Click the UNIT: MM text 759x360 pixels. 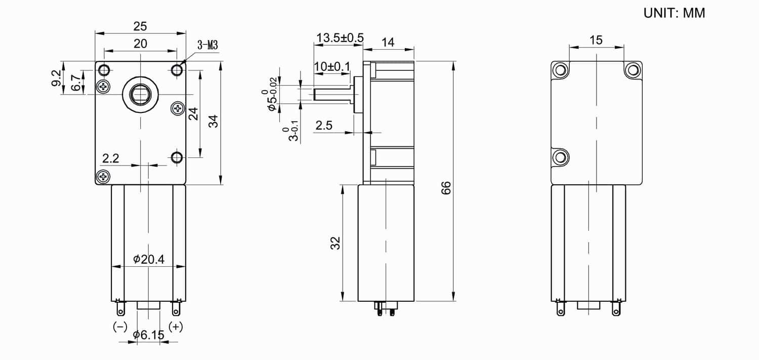(x=674, y=13)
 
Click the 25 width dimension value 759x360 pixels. (x=140, y=26)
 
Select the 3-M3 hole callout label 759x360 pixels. (x=207, y=46)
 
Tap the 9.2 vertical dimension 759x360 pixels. (x=56, y=78)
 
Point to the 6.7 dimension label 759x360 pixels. (x=75, y=83)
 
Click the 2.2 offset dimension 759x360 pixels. (x=110, y=158)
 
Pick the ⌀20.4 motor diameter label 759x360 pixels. (x=149, y=259)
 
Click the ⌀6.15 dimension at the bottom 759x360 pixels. (x=148, y=335)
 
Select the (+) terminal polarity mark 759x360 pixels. (x=176, y=327)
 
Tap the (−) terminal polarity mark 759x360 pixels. (x=120, y=327)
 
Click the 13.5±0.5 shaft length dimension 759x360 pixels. (x=340, y=38)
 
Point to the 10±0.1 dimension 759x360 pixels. (x=331, y=66)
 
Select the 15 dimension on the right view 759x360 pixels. (x=596, y=40)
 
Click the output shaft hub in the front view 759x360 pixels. (x=140, y=94)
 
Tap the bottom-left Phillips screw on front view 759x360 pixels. (x=104, y=176)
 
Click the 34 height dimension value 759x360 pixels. (x=214, y=122)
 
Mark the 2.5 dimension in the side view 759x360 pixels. (x=324, y=126)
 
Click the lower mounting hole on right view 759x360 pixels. (x=560, y=157)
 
